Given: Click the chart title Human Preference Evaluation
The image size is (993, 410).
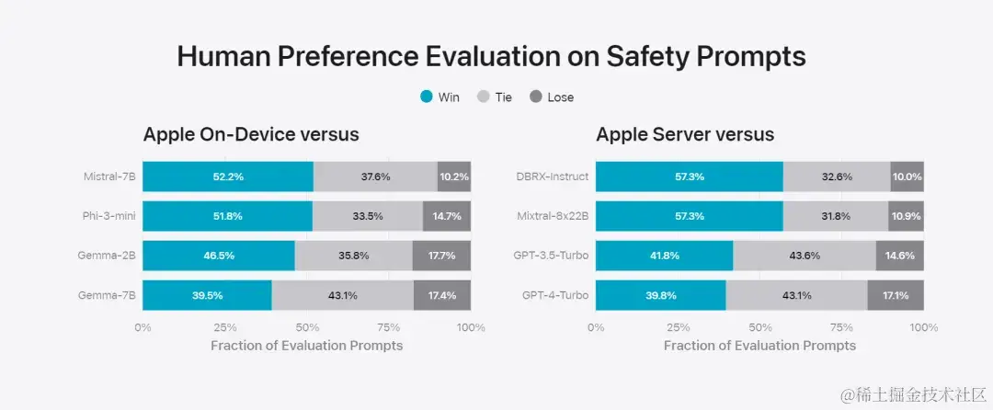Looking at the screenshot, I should (x=491, y=57).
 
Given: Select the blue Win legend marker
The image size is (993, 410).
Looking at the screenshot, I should (x=426, y=97).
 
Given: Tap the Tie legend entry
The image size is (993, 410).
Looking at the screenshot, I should (x=495, y=97).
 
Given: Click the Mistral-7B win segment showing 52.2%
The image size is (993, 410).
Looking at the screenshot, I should (x=227, y=177).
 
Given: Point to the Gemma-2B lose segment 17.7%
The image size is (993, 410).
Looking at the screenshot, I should (x=441, y=256).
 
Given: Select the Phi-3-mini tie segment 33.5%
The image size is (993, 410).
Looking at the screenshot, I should (x=367, y=216).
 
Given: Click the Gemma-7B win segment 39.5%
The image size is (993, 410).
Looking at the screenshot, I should (x=207, y=295).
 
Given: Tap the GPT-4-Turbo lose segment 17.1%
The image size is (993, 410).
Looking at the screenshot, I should (x=895, y=295).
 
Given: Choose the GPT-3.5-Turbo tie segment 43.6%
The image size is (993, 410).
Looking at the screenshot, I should (x=805, y=256).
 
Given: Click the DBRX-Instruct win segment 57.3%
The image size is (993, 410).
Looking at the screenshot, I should (x=689, y=177).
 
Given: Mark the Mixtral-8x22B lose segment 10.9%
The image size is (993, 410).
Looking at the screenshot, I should (x=906, y=216).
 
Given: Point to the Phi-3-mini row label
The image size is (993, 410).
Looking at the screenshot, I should (x=110, y=216).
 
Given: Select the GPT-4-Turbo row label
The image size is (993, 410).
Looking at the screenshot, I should (x=555, y=295).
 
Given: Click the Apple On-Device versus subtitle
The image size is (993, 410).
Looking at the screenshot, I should (x=251, y=135).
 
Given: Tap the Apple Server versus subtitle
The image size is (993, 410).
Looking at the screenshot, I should (x=685, y=135).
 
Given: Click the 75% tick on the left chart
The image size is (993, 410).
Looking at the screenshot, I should (x=389, y=327).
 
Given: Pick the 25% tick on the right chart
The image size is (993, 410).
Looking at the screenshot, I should (x=678, y=327).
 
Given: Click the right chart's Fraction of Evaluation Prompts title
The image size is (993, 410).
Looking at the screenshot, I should (x=759, y=346).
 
